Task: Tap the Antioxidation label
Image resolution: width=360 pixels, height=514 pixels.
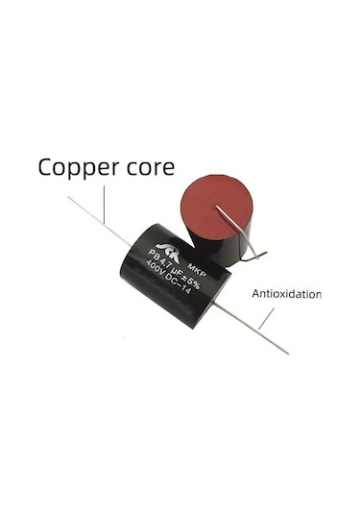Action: pyautogui.click(x=286, y=294)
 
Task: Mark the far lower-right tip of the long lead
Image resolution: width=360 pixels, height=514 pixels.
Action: pyautogui.click(x=287, y=352)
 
